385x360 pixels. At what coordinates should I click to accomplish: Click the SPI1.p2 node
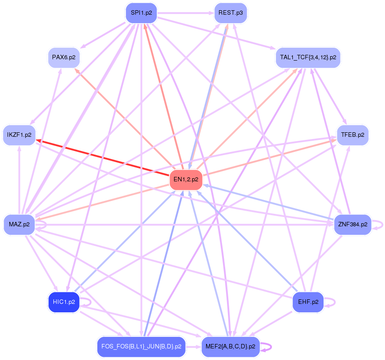pos(141,13)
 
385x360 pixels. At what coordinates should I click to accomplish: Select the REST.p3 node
pos(230,13)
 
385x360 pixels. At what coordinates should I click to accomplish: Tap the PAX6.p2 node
pos(63,57)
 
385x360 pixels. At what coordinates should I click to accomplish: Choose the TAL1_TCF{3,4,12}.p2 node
pos(308,57)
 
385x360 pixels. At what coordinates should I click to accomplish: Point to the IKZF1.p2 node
pos(19,135)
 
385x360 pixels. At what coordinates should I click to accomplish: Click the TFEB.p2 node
pos(353,135)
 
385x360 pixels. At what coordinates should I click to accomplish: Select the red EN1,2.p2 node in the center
pos(186,180)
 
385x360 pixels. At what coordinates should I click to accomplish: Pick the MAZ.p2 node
pos(19,224)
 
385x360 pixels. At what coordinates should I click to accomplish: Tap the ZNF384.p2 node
pos(353,224)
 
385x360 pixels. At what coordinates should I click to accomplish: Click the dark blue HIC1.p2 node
pos(63,302)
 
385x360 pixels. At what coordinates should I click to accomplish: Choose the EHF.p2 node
pos(308,302)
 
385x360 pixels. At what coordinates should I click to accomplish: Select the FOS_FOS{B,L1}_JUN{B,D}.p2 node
pos(141,346)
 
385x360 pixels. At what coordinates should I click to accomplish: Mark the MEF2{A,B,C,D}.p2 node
pos(230,346)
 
